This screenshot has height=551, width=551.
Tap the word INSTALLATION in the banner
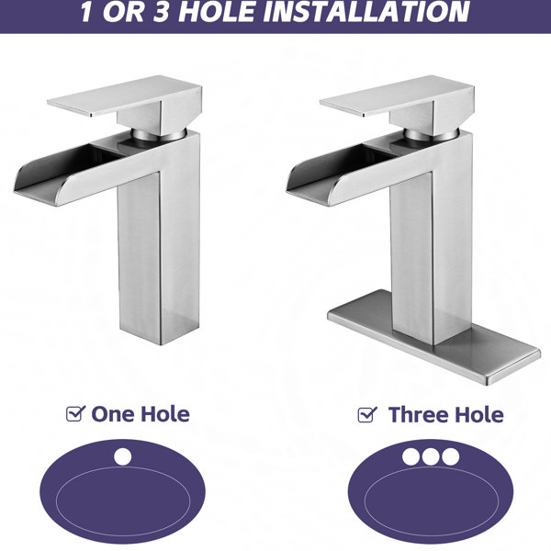pos(366,12)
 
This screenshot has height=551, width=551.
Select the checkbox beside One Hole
pos(75,413)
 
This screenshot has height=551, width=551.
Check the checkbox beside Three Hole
pos(367,415)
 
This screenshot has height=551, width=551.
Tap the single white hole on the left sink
pos(123,456)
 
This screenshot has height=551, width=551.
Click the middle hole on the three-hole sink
pos(431,456)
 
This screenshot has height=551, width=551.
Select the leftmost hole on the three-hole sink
pos(410,456)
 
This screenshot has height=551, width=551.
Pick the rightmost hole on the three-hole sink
pos(451,456)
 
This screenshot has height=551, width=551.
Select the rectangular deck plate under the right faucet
pos(433,337)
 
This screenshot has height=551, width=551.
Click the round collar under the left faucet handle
pos(159,135)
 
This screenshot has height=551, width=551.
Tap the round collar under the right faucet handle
pos(432,135)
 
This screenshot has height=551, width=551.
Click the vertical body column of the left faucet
pos(159,253)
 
